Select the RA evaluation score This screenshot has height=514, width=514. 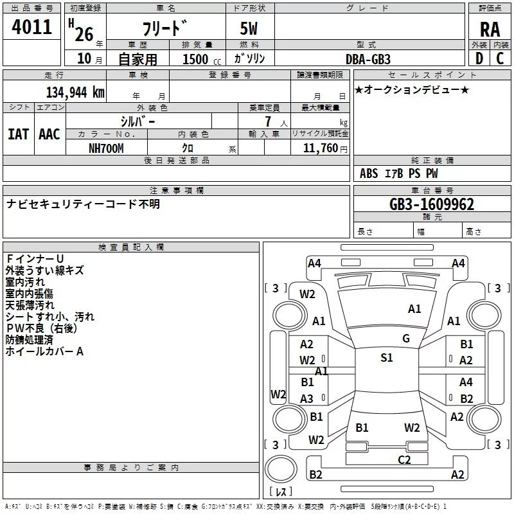[490, 30]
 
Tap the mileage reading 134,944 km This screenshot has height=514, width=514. [75, 93]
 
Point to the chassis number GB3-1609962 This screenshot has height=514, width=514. [432, 204]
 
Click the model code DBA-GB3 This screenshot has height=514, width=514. [368, 58]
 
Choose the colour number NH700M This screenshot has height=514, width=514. [107, 148]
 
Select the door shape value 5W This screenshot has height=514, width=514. [250, 30]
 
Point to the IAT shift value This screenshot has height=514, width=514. [18, 134]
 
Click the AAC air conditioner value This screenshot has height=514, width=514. [49, 134]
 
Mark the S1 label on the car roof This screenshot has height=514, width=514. [386, 358]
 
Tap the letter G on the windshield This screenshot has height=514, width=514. [405, 339]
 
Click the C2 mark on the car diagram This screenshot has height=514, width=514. [404, 459]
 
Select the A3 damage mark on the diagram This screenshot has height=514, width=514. [307, 398]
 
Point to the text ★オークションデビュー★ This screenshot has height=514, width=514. [412, 89]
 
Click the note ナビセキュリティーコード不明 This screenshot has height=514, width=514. [83, 204]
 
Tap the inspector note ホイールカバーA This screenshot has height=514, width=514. [44, 351]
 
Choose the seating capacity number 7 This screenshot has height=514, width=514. [267, 121]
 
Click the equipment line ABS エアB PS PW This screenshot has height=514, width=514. [399, 173]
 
